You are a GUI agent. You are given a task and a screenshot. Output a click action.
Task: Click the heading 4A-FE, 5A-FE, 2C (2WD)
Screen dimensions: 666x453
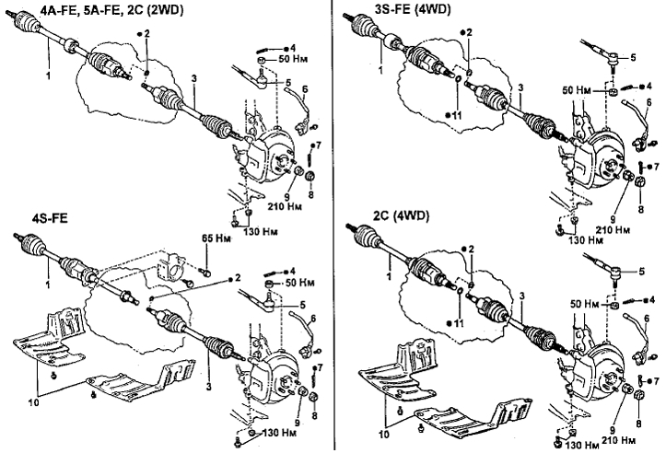(x=113, y=9)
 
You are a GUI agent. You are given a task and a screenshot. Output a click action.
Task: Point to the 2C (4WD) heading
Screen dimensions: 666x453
(x=402, y=216)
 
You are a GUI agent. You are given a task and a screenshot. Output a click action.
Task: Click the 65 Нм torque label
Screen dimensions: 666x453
(x=216, y=238)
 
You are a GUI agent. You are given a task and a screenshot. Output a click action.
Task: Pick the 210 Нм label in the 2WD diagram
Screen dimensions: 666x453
(x=285, y=206)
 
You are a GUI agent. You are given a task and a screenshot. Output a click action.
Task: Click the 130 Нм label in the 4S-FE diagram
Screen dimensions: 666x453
(x=279, y=433)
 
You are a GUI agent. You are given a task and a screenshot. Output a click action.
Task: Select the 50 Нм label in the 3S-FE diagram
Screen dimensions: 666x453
(x=577, y=90)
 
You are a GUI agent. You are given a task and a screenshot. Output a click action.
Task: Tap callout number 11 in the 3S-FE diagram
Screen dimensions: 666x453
(x=456, y=115)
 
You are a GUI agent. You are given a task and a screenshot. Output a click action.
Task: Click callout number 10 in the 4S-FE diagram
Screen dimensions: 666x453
(x=33, y=401)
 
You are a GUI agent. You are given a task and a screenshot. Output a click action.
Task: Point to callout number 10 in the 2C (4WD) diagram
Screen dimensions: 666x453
(x=383, y=435)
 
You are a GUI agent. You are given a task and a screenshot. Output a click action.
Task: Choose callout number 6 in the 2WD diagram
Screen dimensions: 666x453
(x=306, y=89)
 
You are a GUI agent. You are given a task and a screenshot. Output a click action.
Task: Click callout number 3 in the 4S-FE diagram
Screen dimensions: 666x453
(x=208, y=387)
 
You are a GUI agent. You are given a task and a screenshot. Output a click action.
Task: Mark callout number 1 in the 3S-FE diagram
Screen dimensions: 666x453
(x=380, y=69)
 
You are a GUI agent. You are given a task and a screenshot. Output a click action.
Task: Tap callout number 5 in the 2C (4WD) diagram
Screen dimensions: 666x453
(x=641, y=272)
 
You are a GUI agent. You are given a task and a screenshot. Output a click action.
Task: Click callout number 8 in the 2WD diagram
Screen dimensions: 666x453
(x=310, y=194)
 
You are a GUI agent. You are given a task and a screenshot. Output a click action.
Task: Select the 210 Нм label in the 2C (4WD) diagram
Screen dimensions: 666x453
(x=618, y=440)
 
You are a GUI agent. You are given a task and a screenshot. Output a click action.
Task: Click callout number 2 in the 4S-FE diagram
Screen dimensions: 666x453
(x=238, y=278)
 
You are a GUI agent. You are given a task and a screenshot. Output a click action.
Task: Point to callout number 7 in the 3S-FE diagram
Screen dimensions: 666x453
(x=656, y=167)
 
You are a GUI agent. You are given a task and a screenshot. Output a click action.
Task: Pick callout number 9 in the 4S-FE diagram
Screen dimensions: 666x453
(x=298, y=423)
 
